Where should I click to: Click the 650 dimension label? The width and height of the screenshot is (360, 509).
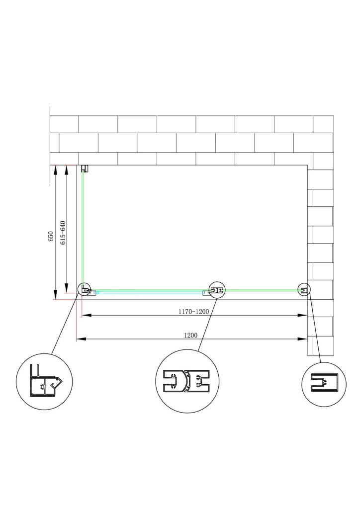[x=50, y=236]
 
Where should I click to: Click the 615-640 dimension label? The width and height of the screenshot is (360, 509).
[x=63, y=233]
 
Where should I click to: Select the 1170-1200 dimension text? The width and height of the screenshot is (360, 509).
[x=193, y=312]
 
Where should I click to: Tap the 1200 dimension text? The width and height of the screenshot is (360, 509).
[x=190, y=336]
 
